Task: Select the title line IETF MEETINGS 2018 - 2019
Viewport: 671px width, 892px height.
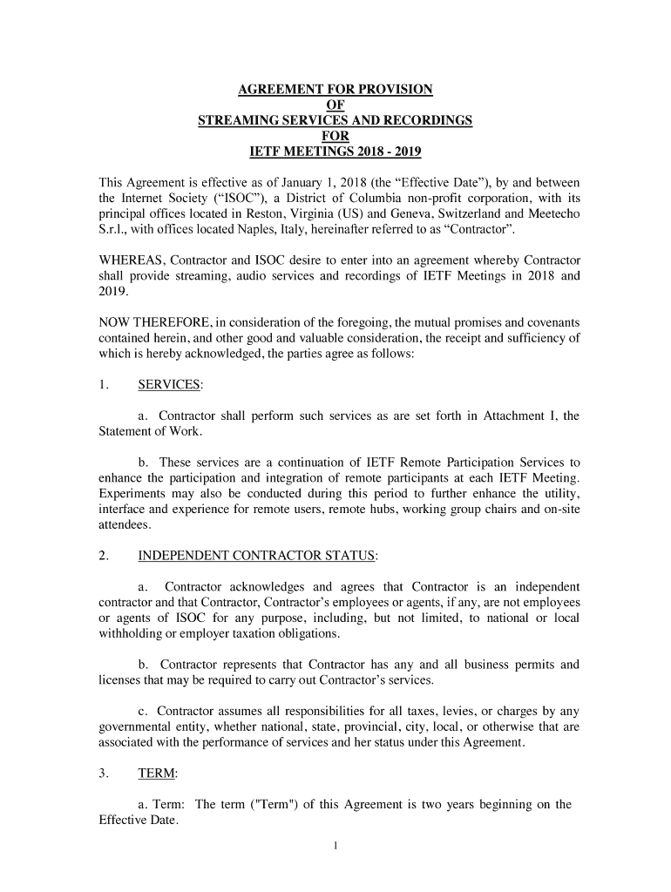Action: (x=335, y=152)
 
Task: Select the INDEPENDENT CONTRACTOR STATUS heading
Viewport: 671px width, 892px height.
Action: (x=257, y=556)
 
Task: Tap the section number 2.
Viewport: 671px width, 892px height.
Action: (x=103, y=556)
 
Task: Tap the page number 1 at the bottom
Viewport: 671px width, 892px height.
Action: (x=335, y=845)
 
